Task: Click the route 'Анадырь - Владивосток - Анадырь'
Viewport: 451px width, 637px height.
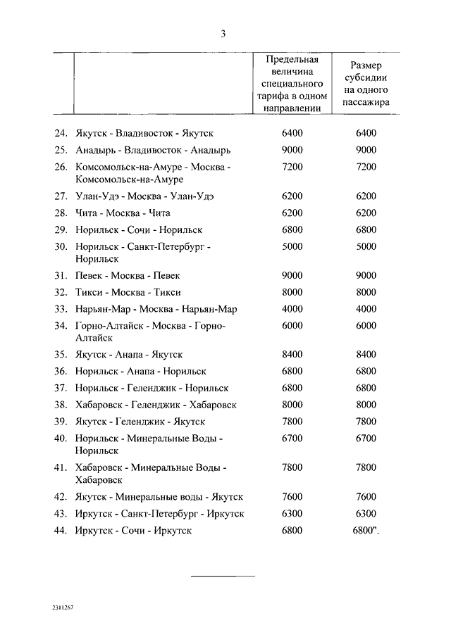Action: (152, 150)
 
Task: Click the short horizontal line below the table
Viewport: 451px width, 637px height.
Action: (224, 576)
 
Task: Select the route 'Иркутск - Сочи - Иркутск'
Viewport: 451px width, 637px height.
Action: (132, 531)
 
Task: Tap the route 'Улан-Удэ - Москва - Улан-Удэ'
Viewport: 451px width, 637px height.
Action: (146, 196)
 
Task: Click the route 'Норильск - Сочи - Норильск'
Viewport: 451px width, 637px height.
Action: (139, 229)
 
